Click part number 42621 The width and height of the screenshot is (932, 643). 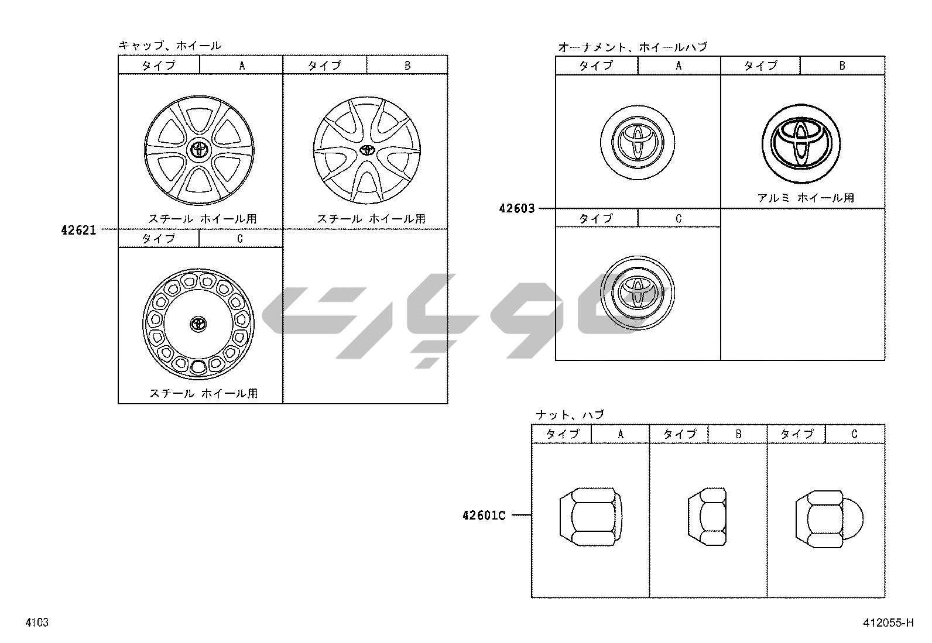[78, 230]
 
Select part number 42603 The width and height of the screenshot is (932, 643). [517, 208]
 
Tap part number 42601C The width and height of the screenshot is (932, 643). [484, 515]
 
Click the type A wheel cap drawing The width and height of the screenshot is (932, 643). [199, 150]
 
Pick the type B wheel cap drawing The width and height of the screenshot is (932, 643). [366, 150]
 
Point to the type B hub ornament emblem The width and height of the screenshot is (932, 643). [801, 143]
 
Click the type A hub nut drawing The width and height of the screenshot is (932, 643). [591, 517]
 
